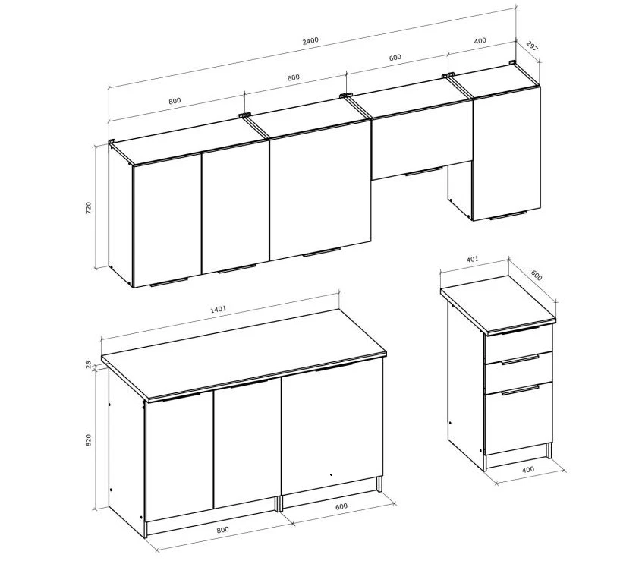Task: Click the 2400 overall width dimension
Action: click(x=310, y=41)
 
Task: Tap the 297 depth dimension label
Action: click(x=531, y=46)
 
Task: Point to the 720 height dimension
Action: click(x=89, y=207)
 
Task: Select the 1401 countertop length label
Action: click(x=219, y=309)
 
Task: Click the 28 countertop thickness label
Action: click(x=89, y=364)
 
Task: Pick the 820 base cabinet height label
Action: click(x=89, y=440)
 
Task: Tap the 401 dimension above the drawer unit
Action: click(x=472, y=260)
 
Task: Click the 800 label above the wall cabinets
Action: click(x=175, y=101)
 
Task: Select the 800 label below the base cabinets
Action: click(x=222, y=530)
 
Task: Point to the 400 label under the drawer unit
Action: click(x=528, y=469)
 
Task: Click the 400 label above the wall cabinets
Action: click(x=480, y=40)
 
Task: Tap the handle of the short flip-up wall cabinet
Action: click(x=423, y=171)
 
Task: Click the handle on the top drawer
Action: click(x=520, y=330)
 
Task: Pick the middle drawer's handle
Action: click(x=520, y=361)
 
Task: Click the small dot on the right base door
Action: click(x=331, y=474)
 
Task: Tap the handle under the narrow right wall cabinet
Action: click(x=508, y=216)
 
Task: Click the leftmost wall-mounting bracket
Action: click(x=111, y=141)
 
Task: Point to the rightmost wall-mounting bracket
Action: click(x=512, y=62)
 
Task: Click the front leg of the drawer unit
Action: click(x=485, y=462)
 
